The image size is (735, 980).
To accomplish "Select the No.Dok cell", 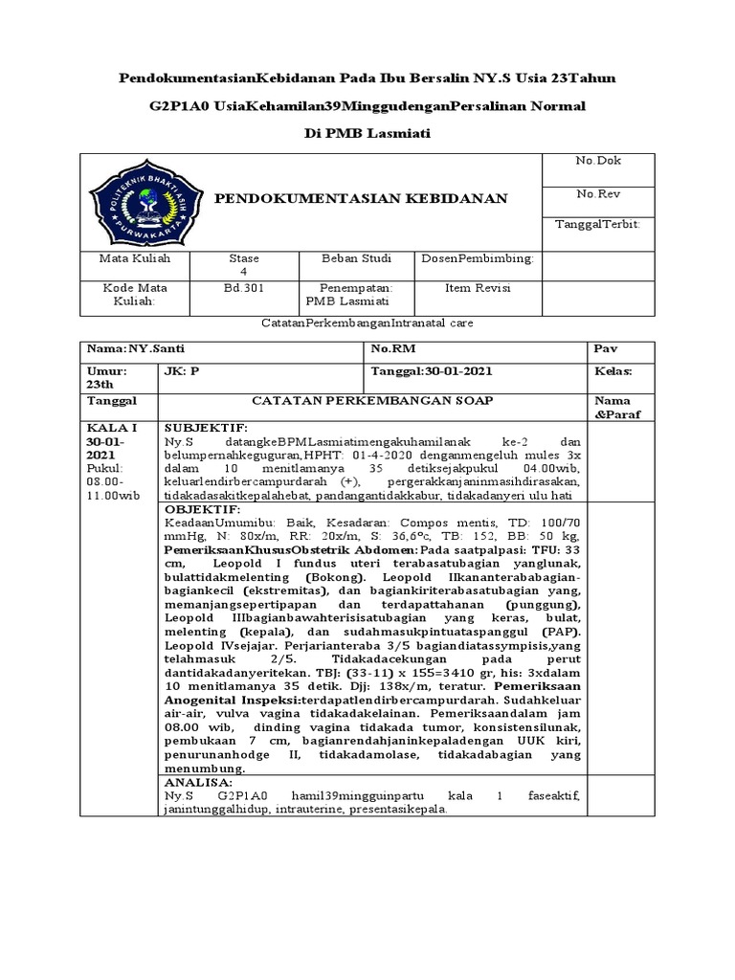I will click(598, 160).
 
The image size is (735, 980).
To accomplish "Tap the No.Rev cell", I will click(598, 193).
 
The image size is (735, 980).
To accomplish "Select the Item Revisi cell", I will click(478, 287).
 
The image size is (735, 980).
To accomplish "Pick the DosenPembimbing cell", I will click(478, 258).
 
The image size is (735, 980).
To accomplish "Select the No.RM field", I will click(393, 348).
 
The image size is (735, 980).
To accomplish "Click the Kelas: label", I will click(613, 371).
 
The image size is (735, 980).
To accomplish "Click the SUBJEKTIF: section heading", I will click(206, 427).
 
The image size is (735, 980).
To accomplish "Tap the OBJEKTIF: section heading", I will click(204, 510).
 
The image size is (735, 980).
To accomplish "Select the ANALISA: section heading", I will click(199, 782).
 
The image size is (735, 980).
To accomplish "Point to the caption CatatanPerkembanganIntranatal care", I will click(367, 323).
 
